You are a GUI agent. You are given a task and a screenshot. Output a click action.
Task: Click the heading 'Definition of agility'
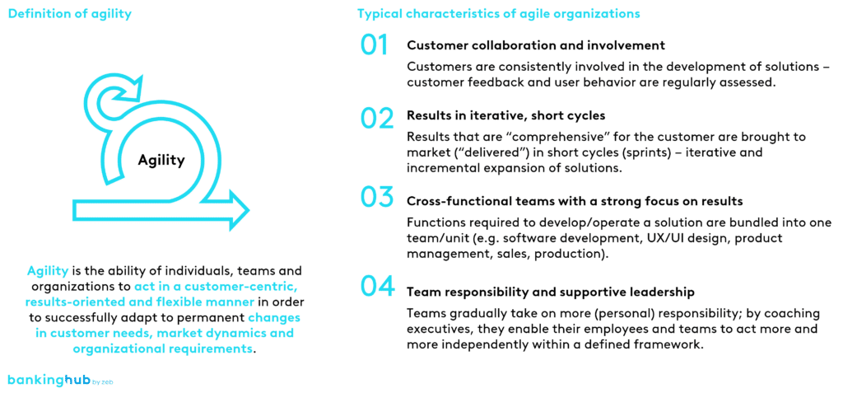[x=70, y=14]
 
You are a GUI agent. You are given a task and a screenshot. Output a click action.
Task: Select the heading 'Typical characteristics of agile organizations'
[x=498, y=14]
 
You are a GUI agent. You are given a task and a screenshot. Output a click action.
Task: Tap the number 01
[x=375, y=44]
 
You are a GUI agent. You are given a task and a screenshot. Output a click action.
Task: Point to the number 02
[x=376, y=119]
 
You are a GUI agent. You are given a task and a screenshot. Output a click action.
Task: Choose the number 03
[x=376, y=198]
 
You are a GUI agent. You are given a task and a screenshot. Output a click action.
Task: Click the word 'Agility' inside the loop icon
[x=161, y=160]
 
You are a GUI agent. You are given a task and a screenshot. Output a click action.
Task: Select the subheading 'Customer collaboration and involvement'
[x=536, y=45]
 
